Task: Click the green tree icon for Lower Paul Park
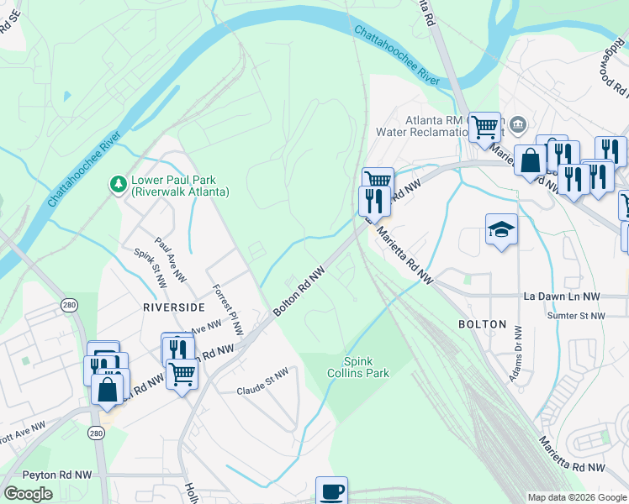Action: [x=119, y=182]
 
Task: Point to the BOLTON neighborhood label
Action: [x=482, y=323]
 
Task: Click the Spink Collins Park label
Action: [x=358, y=367]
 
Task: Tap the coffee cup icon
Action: [x=330, y=491]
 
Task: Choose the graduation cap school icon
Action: [x=501, y=229]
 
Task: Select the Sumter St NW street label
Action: [x=576, y=316]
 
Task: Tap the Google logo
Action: [x=28, y=494]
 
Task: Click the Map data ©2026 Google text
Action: [x=576, y=497]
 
